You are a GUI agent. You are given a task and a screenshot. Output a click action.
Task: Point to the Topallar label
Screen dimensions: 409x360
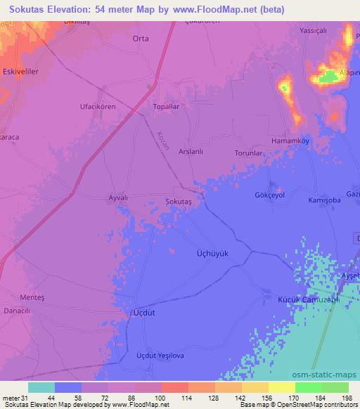coord(168,107)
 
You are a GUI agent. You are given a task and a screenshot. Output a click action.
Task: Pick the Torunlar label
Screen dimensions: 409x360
coord(248,152)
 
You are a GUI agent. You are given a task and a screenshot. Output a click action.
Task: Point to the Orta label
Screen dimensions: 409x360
coord(141,39)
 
